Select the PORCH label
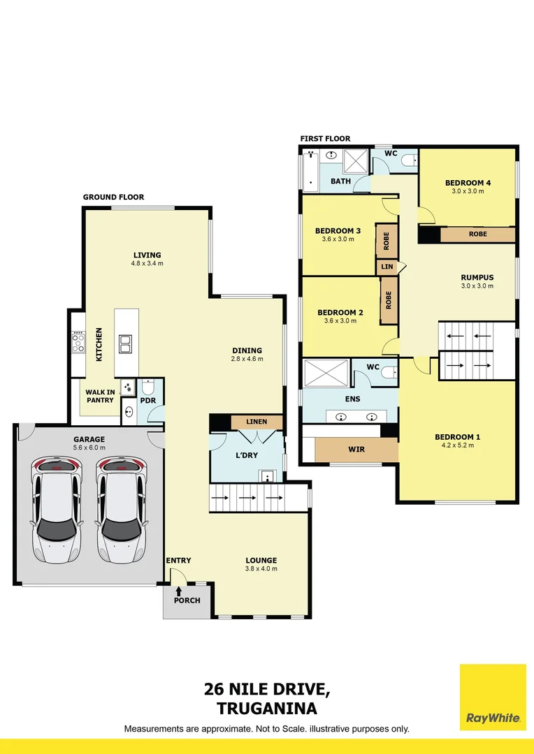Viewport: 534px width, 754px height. coord(187,600)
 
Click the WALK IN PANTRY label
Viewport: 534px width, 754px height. coord(100,396)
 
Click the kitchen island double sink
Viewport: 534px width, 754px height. coord(127,343)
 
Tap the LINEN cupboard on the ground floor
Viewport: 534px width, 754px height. coord(257,422)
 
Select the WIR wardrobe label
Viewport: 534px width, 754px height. coord(356,450)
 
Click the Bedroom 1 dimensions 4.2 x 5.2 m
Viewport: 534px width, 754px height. coord(457,447)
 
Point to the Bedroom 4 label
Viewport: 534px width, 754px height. coord(468,183)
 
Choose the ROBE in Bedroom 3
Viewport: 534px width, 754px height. coord(387,241)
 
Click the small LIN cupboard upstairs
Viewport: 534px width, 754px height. coord(387,267)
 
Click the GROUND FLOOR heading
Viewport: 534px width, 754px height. coord(113,198)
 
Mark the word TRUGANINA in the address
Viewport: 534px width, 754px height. coord(267,708)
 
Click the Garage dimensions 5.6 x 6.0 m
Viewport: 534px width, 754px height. coord(89,448)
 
